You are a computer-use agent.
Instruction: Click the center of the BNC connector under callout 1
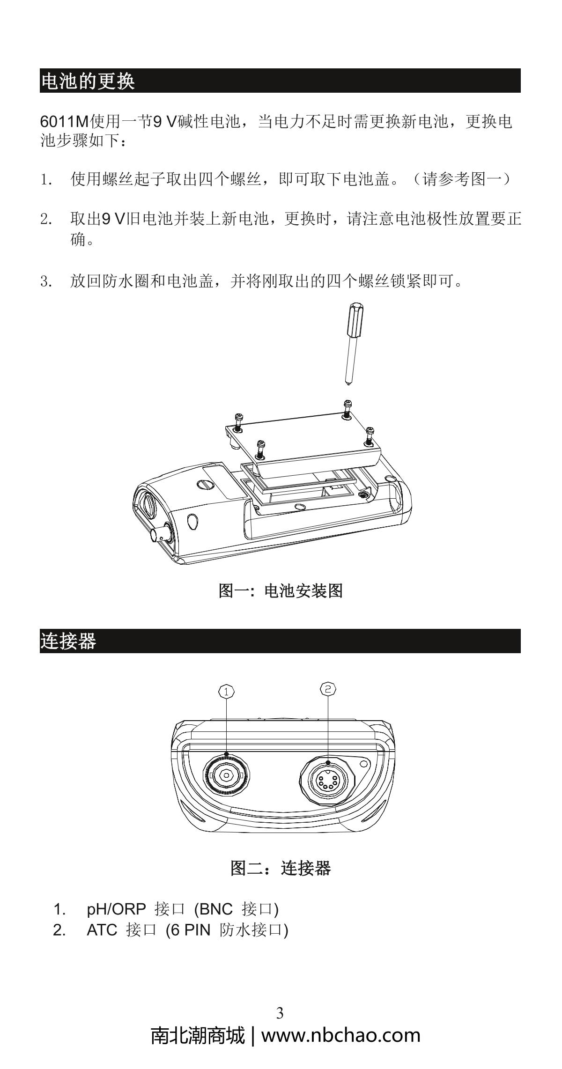coord(227,775)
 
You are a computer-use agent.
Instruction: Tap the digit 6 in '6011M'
coord(44,122)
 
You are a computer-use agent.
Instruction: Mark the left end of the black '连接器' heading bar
coord(40,641)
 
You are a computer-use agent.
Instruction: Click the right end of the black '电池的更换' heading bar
coord(520,81)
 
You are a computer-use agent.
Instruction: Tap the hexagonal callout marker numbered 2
coord(328,688)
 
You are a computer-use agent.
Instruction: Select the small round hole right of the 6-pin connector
coord(363,763)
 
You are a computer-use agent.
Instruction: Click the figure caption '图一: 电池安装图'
coord(281,590)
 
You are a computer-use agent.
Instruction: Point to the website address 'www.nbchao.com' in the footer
coord(341,1035)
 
